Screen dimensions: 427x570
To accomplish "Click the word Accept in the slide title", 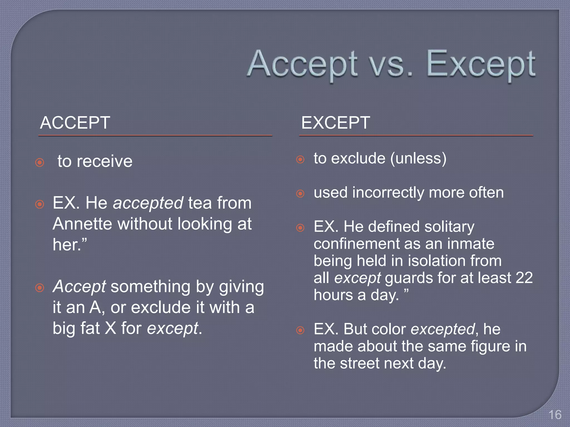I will pyautogui.click(x=302, y=64).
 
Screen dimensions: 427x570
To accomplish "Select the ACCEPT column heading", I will pyautogui.click(x=75, y=123).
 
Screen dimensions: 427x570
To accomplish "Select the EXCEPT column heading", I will pyautogui.click(x=335, y=123).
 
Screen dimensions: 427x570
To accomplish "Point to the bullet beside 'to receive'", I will pyautogui.click(x=40, y=162).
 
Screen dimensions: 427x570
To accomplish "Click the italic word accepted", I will pyautogui.click(x=148, y=203).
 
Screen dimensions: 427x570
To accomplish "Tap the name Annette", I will pyautogui.click(x=82, y=224).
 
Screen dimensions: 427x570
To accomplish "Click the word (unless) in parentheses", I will pyautogui.click(x=418, y=158).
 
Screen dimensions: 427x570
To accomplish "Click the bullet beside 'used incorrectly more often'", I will pyautogui.click(x=300, y=193).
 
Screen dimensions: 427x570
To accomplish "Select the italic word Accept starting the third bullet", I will pyautogui.click(x=79, y=286).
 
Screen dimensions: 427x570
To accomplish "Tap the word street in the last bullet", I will pyautogui.click(x=359, y=363).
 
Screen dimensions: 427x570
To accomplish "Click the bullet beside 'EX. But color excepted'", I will pyautogui.click(x=300, y=330).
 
